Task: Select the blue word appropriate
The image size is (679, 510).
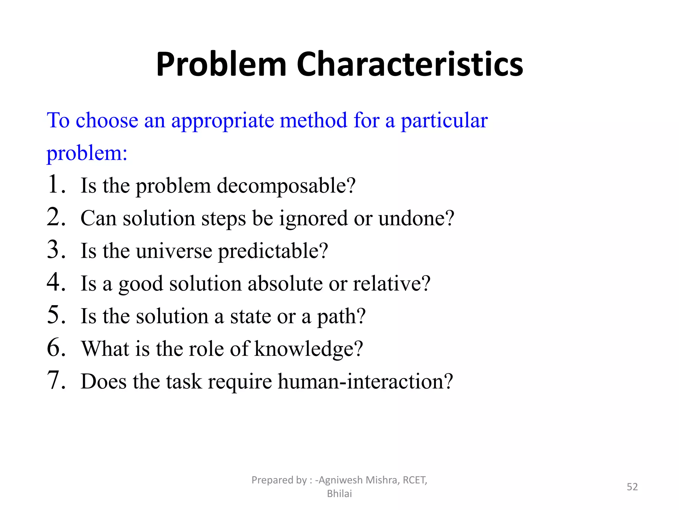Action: pos(222,121)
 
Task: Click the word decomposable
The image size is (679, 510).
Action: pos(286,186)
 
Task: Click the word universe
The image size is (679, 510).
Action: pos(174,251)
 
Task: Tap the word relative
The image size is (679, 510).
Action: pos(392,284)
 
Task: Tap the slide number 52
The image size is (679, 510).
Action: pos(632,487)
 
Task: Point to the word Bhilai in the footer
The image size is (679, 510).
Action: pos(339,494)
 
